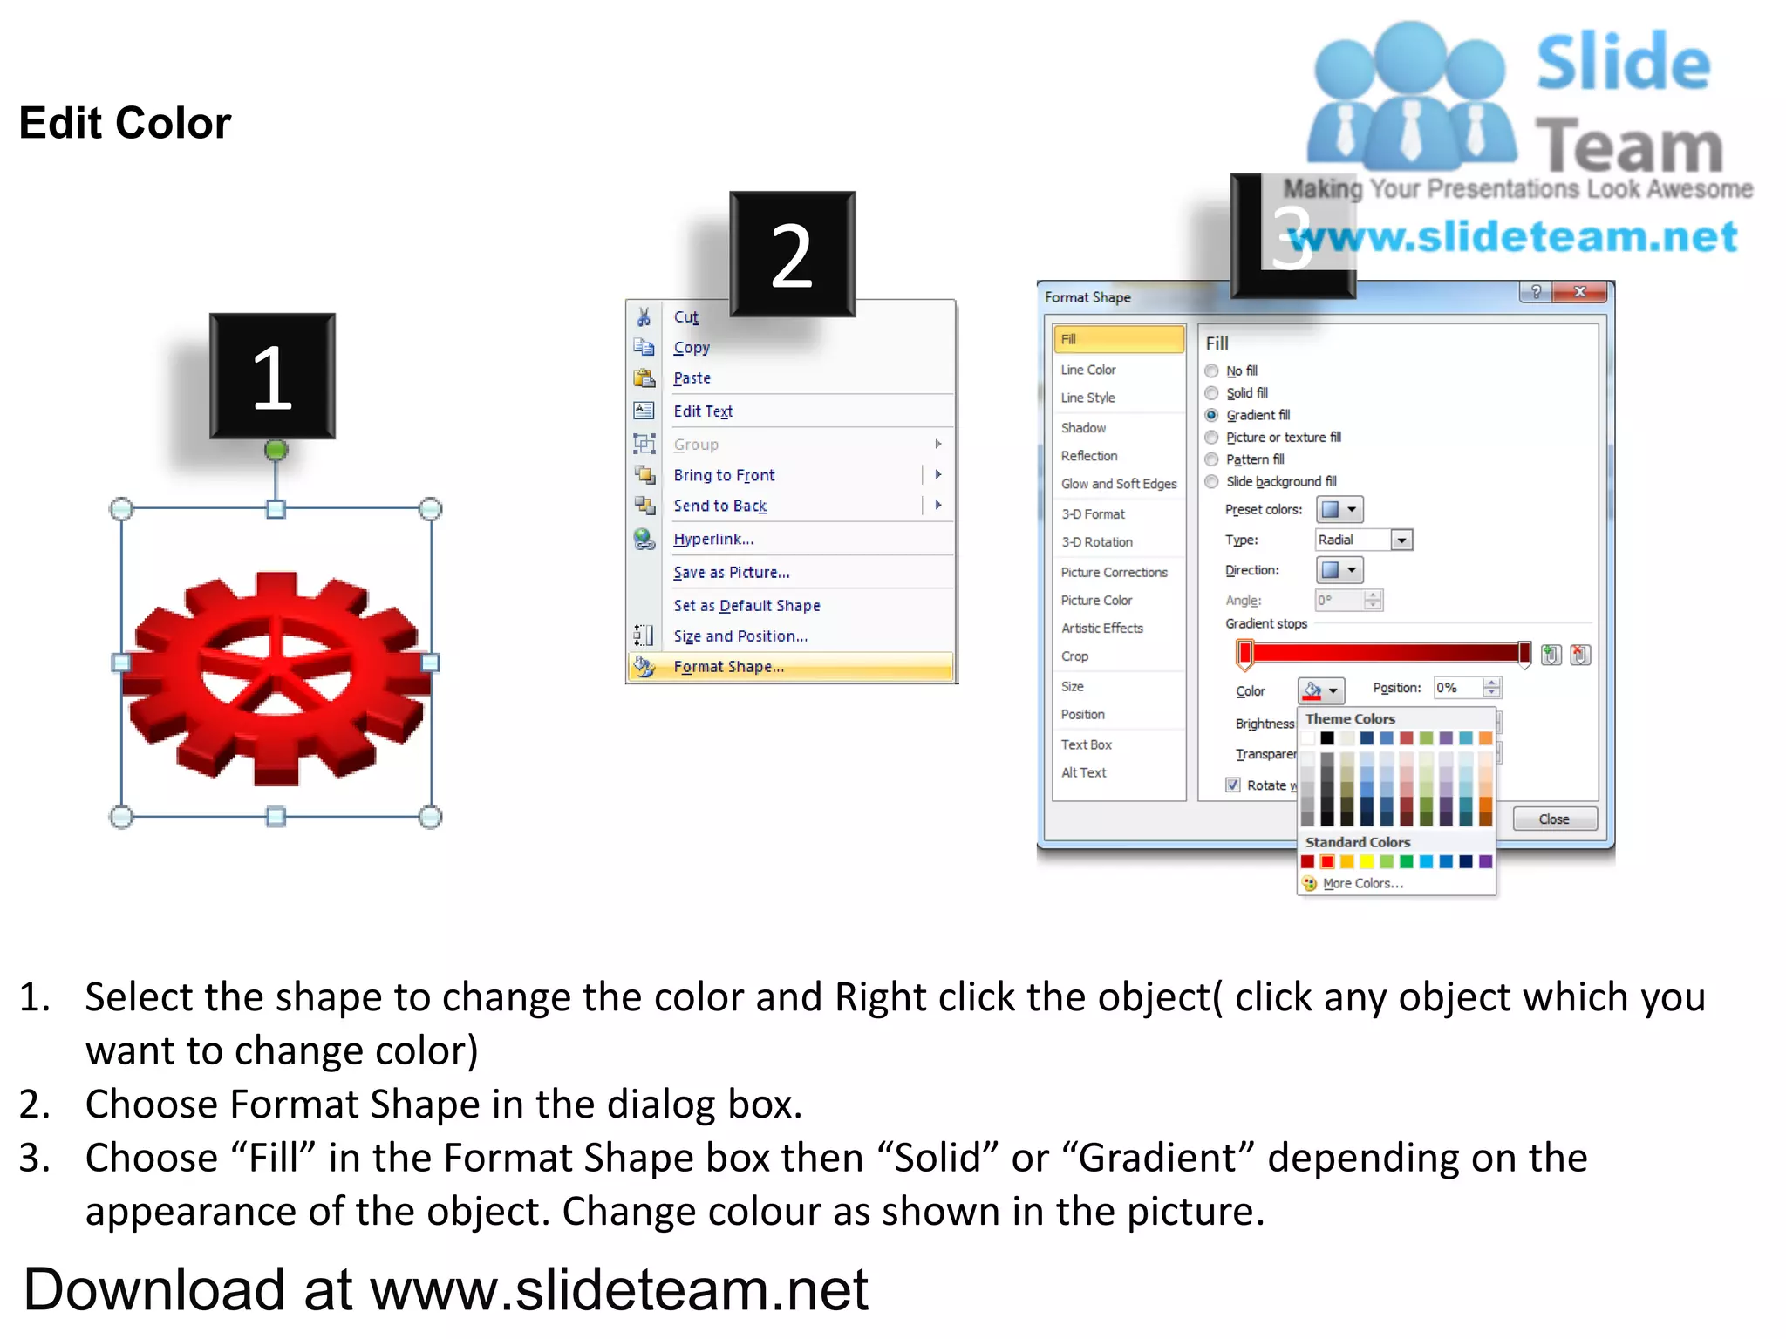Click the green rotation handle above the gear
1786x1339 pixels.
click(x=276, y=450)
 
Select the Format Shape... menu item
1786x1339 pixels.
click(x=728, y=667)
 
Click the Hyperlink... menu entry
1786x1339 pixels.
click(x=713, y=539)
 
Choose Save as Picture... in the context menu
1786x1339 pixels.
click(x=731, y=572)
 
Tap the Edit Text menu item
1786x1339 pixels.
click(x=703, y=411)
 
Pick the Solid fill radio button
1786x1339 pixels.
click(x=1212, y=393)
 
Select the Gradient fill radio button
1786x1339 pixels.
click(x=1212, y=415)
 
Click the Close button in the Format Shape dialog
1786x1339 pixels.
click(x=1554, y=819)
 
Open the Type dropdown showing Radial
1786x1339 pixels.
click(x=1401, y=540)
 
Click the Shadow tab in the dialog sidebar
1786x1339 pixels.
click(x=1083, y=427)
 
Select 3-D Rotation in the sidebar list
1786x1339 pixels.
click(x=1096, y=542)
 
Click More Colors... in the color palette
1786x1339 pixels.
click(x=1362, y=883)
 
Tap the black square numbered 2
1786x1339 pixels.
click(x=792, y=254)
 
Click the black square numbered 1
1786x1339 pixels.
click(x=272, y=376)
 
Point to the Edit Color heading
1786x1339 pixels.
click(x=126, y=123)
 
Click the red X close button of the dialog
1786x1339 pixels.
click(x=1580, y=292)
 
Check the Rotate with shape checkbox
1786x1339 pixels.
click(x=1233, y=785)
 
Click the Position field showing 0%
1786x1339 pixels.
click(x=1459, y=688)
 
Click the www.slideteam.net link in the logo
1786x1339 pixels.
click(x=1513, y=237)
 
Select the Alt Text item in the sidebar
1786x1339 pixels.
click(x=1083, y=772)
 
